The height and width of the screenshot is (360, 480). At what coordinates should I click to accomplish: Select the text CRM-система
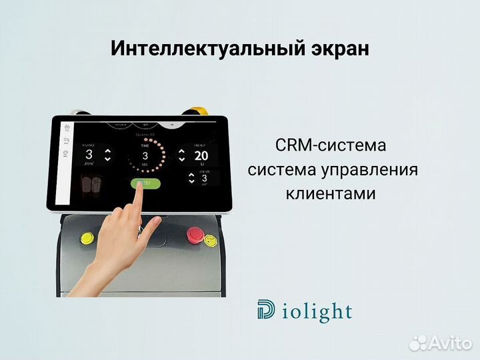click(330, 145)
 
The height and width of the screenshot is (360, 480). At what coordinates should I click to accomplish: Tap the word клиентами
click(331, 194)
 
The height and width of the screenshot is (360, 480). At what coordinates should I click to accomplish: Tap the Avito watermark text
click(451, 343)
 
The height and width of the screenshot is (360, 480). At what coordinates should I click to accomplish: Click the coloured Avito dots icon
click(419, 343)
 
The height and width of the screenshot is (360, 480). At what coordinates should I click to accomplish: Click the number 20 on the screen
click(201, 155)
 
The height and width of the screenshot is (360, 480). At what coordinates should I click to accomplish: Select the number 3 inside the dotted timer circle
click(145, 156)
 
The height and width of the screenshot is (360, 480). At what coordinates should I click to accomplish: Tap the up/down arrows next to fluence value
click(108, 155)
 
